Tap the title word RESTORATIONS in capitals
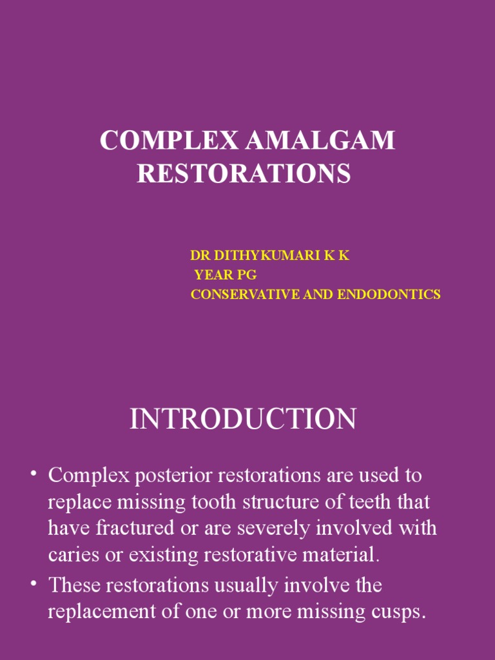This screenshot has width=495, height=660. [244, 173]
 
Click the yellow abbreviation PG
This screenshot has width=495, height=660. [247, 275]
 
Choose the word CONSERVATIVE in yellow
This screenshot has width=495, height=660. [239, 295]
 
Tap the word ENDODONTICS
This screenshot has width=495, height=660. [396, 295]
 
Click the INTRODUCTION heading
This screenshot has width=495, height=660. [243, 419]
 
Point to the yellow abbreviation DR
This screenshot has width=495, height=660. [200, 256]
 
